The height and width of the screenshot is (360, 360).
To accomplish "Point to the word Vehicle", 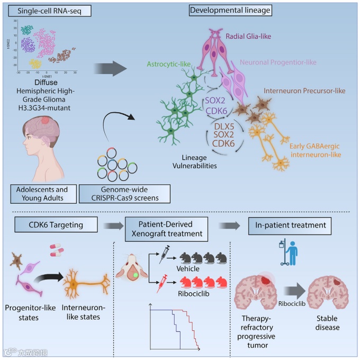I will pyautogui.click(x=191, y=268).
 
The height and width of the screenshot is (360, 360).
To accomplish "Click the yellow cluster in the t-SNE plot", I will pyautogui.click(x=35, y=64).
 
